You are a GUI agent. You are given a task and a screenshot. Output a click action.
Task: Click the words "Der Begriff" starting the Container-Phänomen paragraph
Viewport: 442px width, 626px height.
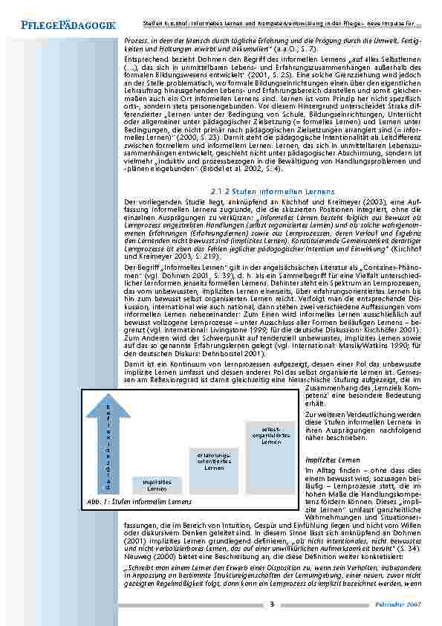click(139, 265)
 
